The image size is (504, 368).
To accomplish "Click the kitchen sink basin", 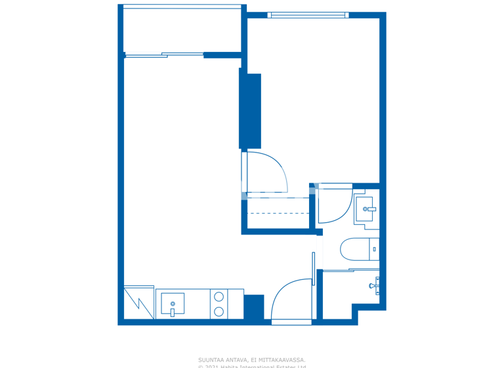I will (173, 304).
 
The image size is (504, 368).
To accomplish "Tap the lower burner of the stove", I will (219, 311).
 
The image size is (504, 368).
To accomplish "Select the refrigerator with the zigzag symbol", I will (139, 303).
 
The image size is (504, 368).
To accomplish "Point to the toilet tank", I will (375, 249).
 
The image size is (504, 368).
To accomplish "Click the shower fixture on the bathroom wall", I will (375, 285).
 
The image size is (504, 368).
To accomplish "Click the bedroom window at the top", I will (307, 15).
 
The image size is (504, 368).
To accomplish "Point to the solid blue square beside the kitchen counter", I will (253, 307).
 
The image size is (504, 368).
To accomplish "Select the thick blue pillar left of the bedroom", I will (250, 110).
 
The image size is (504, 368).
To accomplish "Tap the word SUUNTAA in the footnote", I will (211, 359).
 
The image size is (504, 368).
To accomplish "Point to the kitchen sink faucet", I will (173, 311).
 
